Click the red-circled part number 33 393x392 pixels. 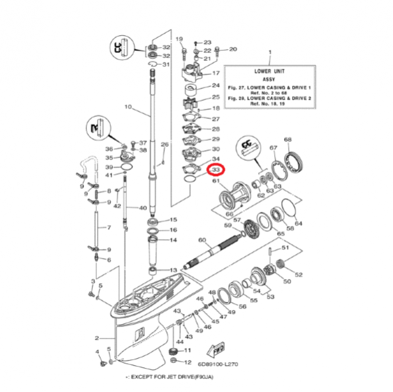216,171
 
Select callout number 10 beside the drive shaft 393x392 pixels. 128,107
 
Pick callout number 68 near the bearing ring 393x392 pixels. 288,139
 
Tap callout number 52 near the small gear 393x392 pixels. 298,274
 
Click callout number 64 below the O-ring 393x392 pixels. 298,223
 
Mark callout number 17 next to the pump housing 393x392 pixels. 216,73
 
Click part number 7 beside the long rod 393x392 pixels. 101,227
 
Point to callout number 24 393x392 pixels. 216,86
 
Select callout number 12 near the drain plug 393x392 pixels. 187,361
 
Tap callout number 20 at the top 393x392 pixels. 233,49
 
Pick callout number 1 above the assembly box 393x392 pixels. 270,52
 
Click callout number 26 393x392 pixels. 165,145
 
